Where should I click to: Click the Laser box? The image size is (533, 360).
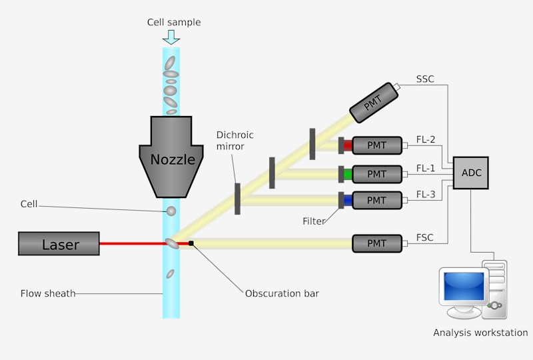coord(59,244)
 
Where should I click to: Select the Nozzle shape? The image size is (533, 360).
coord(172,157)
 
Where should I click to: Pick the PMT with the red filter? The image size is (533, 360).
coord(376,145)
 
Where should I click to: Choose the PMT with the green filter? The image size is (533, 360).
coord(376,174)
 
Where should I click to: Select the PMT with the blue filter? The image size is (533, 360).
coord(376,200)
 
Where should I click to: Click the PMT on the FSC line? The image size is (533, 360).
coord(376,243)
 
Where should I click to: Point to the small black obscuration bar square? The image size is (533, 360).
coord(191,243)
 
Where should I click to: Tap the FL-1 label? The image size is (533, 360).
coord(425,168)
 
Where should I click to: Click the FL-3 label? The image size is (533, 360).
coord(425,195)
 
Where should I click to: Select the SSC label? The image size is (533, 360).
coord(425,79)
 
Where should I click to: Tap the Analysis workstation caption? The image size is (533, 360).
coord(480,333)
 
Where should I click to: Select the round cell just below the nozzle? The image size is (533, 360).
coord(171,211)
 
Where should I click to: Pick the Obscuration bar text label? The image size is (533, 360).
coord(282,293)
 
